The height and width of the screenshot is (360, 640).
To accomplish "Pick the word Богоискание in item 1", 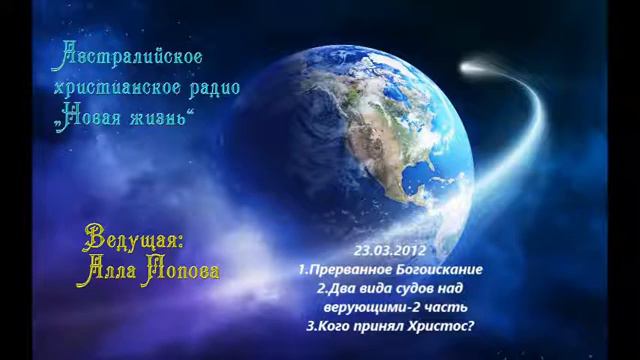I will pos(441,270).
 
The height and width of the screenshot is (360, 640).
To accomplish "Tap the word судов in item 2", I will pos(410,288).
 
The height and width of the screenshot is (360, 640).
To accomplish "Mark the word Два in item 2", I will pos(336,288).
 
